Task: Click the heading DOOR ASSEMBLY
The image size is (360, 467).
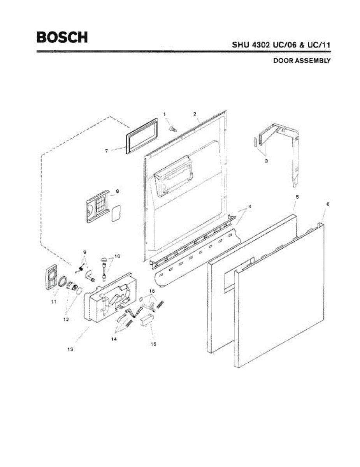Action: point(302,61)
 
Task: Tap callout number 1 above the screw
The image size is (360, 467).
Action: point(164,114)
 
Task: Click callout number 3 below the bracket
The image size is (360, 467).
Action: point(266,160)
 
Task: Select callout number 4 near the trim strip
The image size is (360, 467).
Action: point(250,206)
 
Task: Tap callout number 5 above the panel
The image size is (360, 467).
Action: point(297,197)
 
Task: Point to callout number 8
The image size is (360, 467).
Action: point(117,191)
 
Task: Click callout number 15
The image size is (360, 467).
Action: point(154,344)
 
